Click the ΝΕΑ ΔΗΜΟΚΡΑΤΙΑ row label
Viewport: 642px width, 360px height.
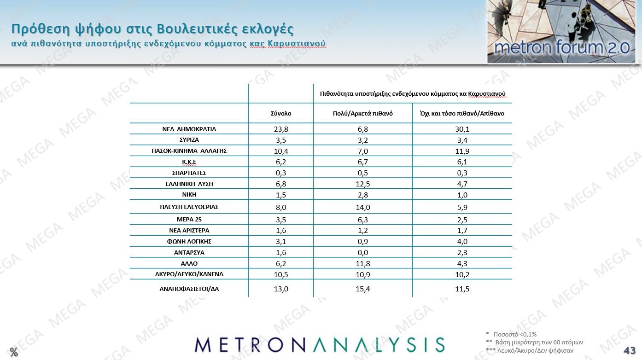pyautogui.click(x=189, y=129)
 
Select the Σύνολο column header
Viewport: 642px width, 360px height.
pyautogui.click(x=281, y=113)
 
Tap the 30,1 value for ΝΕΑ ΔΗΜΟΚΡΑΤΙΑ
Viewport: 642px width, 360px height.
pyautogui.click(x=462, y=129)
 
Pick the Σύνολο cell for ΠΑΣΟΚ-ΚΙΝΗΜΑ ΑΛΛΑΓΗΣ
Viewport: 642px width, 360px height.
pyautogui.click(x=281, y=151)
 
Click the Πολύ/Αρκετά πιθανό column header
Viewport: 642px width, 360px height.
pyautogui.click(x=363, y=113)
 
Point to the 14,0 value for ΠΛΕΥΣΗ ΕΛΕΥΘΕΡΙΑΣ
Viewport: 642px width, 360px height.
pyautogui.click(x=363, y=207)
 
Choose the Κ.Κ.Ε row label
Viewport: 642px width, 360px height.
pyautogui.click(x=189, y=162)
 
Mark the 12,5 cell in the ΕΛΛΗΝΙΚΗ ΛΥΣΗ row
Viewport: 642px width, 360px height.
pyautogui.click(x=363, y=184)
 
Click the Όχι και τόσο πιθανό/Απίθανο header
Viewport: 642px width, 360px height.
pyautogui.click(x=462, y=113)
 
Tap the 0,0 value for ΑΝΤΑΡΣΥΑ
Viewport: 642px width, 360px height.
pyautogui.click(x=363, y=253)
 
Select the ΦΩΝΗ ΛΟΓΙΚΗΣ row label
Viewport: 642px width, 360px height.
pyautogui.click(x=189, y=241)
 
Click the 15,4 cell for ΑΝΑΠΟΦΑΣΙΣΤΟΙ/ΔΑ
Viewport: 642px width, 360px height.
pyautogui.click(x=363, y=289)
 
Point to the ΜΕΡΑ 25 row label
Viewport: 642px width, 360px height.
pyautogui.click(x=189, y=219)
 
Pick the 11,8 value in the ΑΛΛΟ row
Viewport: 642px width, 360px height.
pyautogui.click(x=363, y=264)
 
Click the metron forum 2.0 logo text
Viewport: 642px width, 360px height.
pyautogui.click(x=560, y=47)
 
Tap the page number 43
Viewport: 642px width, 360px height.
pyautogui.click(x=630, y=350)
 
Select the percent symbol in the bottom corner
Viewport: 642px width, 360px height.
pyautogui.click(x=14, y=353)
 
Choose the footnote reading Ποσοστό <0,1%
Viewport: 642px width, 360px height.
pyautogui.click(x=515, y=334)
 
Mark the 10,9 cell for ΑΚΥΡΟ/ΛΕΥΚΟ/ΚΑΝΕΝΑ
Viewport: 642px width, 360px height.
pyautogui.click(x=363, y=274)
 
